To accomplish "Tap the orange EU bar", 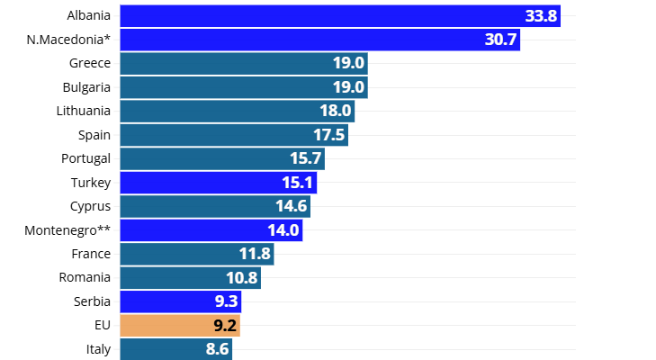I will point(179,325).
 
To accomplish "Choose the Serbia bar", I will point(180,301).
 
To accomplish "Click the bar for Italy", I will point(175,348).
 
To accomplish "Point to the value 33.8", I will point(541,15).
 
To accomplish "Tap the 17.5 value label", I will point(329,135).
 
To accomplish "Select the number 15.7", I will point(306,158).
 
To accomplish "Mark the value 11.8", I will point(255,254).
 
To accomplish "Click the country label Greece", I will point(90,63).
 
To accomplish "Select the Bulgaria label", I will point(86,87).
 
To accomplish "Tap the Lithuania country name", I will point(83,111).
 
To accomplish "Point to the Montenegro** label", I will point(67,230).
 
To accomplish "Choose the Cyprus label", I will point(91,206).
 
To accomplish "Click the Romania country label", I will point(85,277).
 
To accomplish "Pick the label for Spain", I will point(94,135).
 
